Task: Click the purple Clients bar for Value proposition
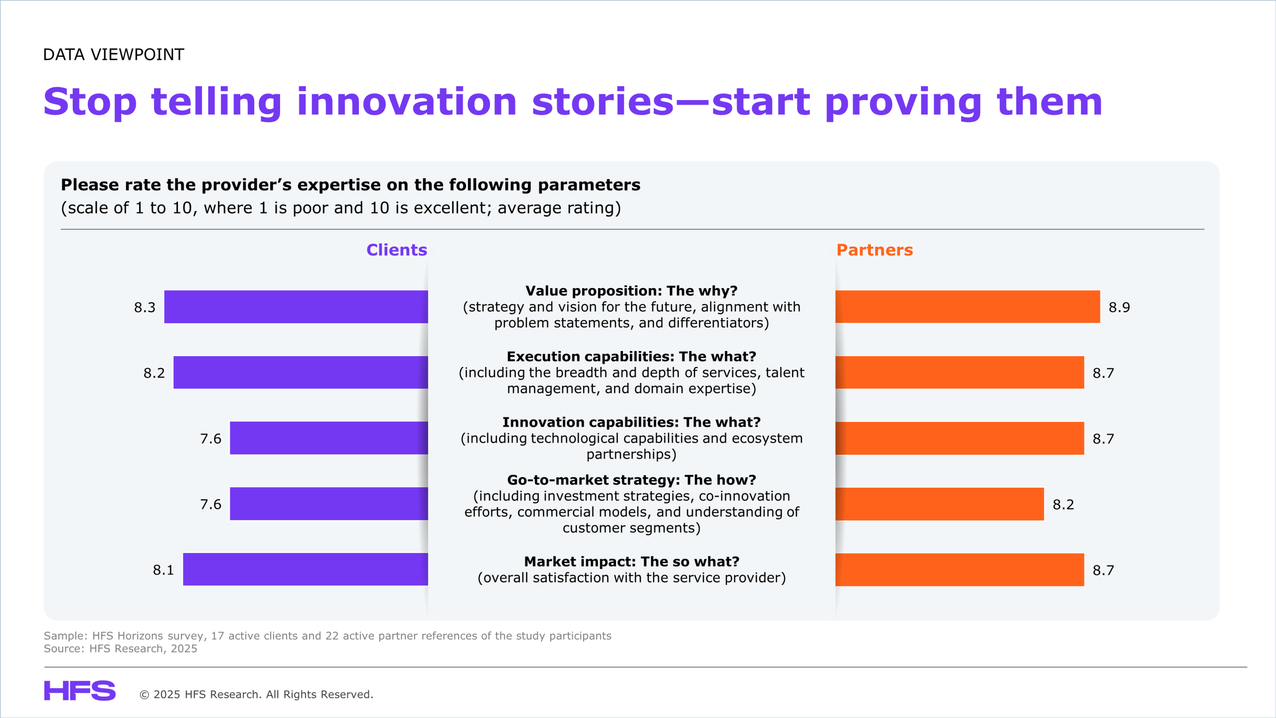click(296, 307)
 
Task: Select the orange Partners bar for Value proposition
click(967, 307)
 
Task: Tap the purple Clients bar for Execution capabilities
click(301, 372)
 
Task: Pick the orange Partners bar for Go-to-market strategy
click(940, 504)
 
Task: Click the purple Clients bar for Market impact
click(306, 569)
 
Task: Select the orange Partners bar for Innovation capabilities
click(959, 438)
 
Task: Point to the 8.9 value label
click(1119, 307)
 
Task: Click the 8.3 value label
click(145, 307)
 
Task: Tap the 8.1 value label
click(163, 570)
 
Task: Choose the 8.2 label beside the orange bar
click(1063, 505)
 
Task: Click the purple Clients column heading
click(397, 250)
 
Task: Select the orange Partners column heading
click(875, 250)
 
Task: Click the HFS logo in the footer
click(80, 691)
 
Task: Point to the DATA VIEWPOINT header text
click(114, 54)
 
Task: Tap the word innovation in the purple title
click(407, 102)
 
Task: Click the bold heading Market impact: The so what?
click(632, 561)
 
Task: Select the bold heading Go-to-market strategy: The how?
click(632, 480)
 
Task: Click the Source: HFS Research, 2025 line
click(121, 649)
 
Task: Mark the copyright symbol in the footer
click(145, 695)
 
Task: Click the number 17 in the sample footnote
click(217, 636)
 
